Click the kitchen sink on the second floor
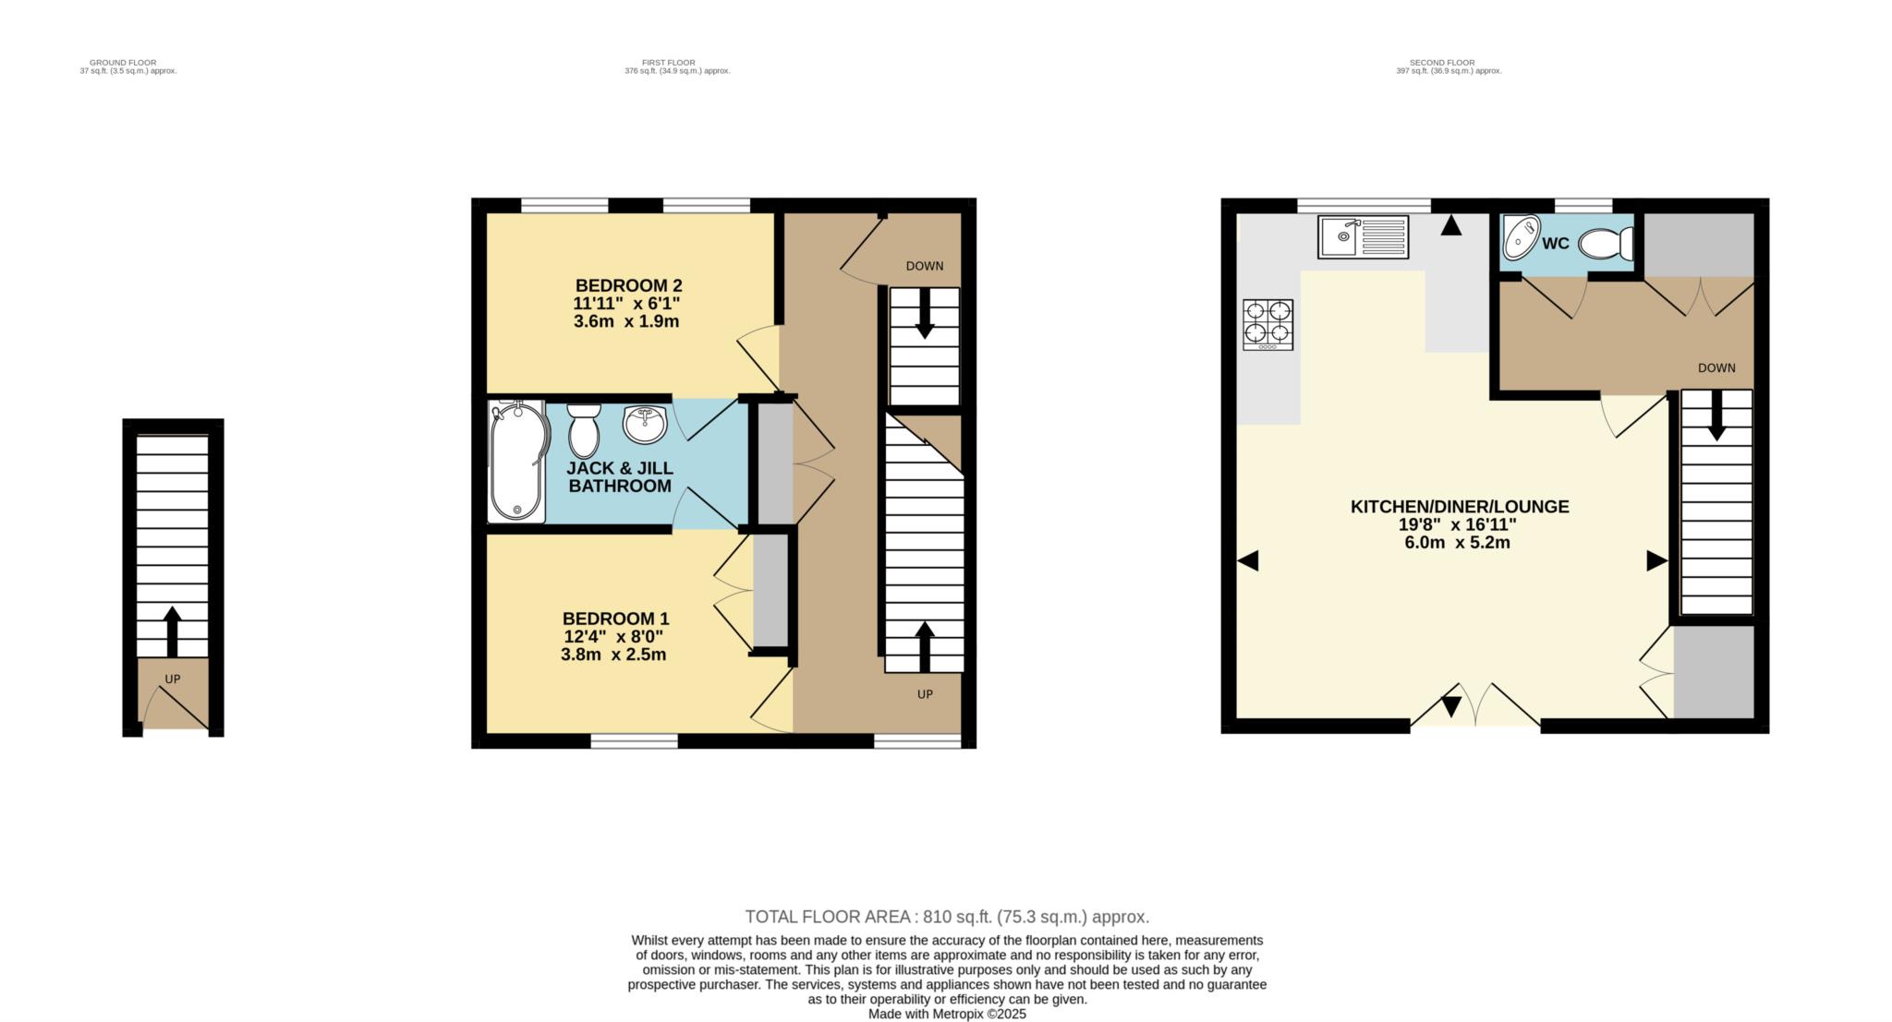[1363, 236]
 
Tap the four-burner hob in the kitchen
[1267, 324]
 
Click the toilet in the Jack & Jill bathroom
[584, 430]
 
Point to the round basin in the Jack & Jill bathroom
[645, 425]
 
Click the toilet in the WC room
[1606, 245]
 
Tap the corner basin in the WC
[1521, 237]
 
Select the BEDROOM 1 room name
[615, 619]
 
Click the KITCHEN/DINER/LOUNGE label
[1460, 506]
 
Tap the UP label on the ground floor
[173, 679]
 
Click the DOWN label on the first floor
[925, 266]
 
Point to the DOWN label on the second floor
[1716, 367]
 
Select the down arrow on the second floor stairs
[1716, 415]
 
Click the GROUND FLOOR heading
[123, 63]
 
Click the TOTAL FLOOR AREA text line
[947, 917]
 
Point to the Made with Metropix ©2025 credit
[947, 1014]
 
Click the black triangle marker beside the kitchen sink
[1451, 225]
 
